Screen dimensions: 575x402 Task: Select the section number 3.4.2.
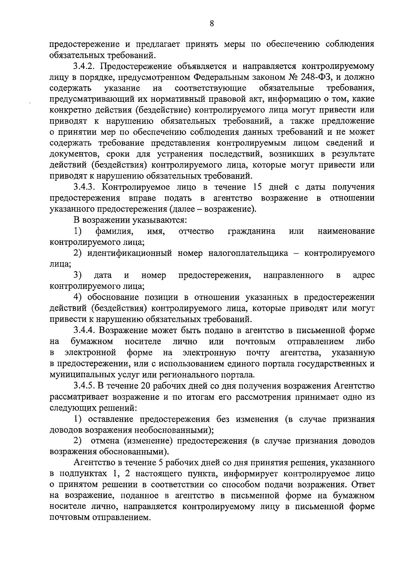click(85, 66)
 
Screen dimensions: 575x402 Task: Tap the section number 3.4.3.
click(85, 187)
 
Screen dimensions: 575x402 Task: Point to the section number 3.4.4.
click(85, 331)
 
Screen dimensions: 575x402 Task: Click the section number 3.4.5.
click(85, 386)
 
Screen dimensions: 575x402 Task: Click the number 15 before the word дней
click(259, 187)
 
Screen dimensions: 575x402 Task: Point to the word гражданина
click(252, 231)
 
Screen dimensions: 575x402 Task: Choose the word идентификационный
click(130, 253)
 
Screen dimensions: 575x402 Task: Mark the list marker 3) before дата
click(78, 275)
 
